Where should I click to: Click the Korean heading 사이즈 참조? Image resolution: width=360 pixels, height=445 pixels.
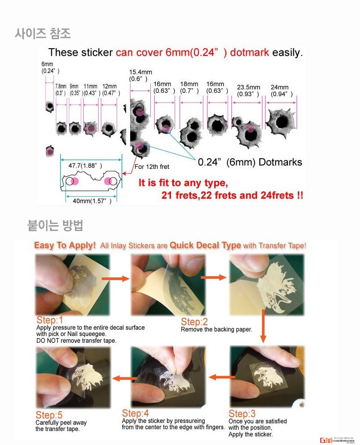[43, 33]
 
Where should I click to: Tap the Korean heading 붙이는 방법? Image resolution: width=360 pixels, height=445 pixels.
[55, 225]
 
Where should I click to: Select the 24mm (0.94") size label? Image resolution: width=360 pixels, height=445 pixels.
[282, 91]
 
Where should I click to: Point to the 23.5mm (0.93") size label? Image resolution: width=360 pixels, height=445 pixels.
[248, 91]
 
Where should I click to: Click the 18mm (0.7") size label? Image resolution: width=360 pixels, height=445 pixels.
[189, 87]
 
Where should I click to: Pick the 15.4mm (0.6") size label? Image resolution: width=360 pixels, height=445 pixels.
[140, 75]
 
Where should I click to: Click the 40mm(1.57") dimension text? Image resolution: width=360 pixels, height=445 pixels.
[92, 201]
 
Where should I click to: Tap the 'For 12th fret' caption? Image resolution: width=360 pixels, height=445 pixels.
[152, 167]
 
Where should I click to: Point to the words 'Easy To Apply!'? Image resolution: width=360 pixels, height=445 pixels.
[65, 246]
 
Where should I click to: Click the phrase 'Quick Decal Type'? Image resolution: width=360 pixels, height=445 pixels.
[205, 246]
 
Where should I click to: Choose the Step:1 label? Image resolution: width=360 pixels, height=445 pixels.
[50, 320]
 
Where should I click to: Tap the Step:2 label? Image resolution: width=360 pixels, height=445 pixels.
[194, 322]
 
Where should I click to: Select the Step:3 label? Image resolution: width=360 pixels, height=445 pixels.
[242, 413]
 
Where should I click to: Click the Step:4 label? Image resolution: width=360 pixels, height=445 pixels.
[135, 413]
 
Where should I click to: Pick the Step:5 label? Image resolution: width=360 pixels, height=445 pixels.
[49, 415]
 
